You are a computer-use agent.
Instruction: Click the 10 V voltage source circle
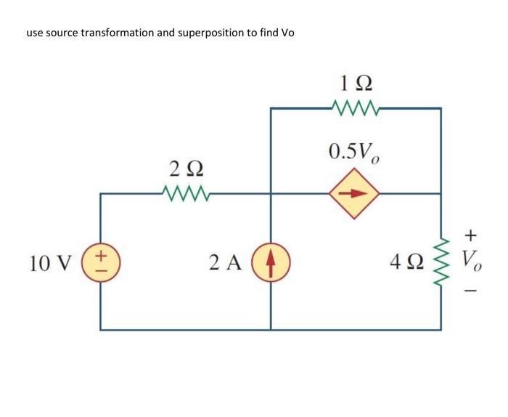pyautogui.click(x=100, y=262)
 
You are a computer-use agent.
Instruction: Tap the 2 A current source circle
pyautogui.click(x=271, y=262)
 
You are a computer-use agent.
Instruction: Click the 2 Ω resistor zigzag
pyautogui.click(x=186, y=194)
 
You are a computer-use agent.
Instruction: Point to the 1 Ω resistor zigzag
pyautogui.click(x=355, y=108)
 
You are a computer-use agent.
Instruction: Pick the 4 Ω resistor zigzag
pyautogui.click(x=440, y=262)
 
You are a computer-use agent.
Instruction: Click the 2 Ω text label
pyautogui.click(x=186, y=169)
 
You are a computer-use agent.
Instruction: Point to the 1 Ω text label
pyautogui.click(x=355, y=81)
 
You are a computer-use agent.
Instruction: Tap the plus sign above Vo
pyautogui.click(x=471, y=235)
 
